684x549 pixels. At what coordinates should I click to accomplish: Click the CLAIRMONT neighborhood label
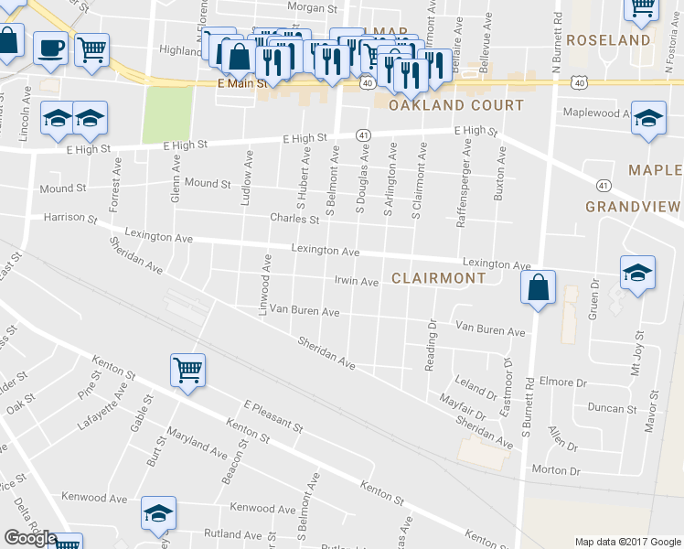click(x=439, y=278)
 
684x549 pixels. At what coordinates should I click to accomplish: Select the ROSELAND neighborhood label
click(x=608, y=40)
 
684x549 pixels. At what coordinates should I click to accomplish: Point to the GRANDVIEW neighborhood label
click(x=634, y=207)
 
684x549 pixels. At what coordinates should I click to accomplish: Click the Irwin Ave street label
click(x=356, y=282)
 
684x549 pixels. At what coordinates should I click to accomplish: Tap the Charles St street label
click(x=294, y=219)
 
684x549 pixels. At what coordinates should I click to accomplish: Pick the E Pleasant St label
click(x=273, y=415)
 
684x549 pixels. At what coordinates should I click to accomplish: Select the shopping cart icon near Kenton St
click(x=187, y=371)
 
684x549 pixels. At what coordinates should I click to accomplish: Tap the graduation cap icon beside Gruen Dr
click(x=637, y=273)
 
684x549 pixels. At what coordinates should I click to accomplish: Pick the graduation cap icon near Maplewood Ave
click(x=649, y=119)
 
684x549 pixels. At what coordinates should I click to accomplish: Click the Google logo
click(x=29, y=538)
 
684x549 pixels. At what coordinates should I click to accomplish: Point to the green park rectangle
click(x=167, y=114)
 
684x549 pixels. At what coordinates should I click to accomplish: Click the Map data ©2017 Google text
click(x=628, y=542)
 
